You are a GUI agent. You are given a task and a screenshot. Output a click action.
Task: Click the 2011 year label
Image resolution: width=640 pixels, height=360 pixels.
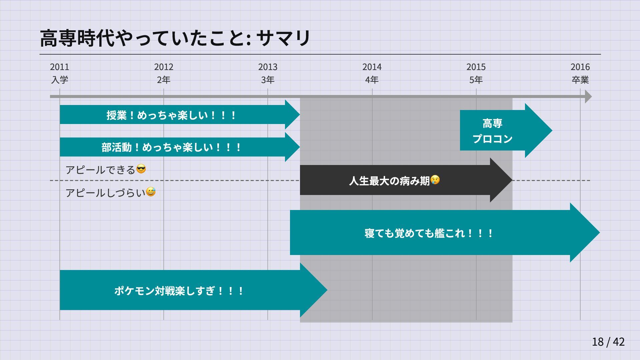(x=60, y=67)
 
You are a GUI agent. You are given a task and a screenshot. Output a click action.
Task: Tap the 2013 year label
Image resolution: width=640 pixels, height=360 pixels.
(x=268, y=67)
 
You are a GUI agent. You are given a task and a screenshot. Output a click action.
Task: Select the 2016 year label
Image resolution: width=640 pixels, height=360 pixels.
(x=580, y=67)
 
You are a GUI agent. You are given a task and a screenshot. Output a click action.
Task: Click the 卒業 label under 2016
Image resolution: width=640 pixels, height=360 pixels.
(x=580, y=80)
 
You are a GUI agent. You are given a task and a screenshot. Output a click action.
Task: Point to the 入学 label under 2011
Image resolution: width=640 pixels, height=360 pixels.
(x=60, y=80)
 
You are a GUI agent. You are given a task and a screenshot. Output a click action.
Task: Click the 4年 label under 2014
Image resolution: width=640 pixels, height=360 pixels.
(x=372, y=80)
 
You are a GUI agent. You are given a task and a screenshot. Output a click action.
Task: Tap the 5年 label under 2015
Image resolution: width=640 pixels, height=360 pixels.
(x=476, y=80)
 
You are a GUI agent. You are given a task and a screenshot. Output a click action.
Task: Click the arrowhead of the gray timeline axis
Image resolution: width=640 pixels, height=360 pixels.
(x=588, y=97)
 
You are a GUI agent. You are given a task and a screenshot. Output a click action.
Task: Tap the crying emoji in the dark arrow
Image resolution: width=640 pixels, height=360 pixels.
(x=435, y=180)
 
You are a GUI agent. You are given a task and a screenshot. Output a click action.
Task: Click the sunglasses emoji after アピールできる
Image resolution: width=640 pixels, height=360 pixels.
(x=141, y=169)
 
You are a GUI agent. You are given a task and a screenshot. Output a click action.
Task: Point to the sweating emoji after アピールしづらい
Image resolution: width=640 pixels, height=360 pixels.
(x=151, y=192)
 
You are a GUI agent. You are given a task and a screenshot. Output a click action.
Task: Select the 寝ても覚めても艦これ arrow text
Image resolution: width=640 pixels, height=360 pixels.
(x=429, y=233)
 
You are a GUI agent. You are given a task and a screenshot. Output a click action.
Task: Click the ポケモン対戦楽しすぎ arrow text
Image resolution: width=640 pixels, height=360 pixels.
(x=179, y=291)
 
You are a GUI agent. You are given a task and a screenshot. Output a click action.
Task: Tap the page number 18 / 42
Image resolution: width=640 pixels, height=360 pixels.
(x=608, y=342)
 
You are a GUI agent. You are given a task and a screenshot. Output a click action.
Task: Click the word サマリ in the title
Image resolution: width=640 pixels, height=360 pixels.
(x=283, y=38)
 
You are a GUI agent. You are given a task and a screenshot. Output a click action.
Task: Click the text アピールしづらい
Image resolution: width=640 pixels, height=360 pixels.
(x=105, y=193)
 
